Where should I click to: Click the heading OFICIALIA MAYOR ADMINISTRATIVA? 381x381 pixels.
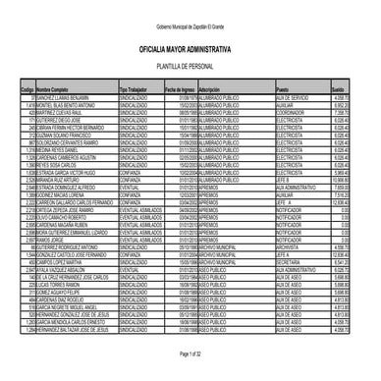pos(190,46)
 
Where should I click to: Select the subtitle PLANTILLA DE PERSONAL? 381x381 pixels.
pos(190,64)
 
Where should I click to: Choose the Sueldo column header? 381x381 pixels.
pos(339,88)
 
